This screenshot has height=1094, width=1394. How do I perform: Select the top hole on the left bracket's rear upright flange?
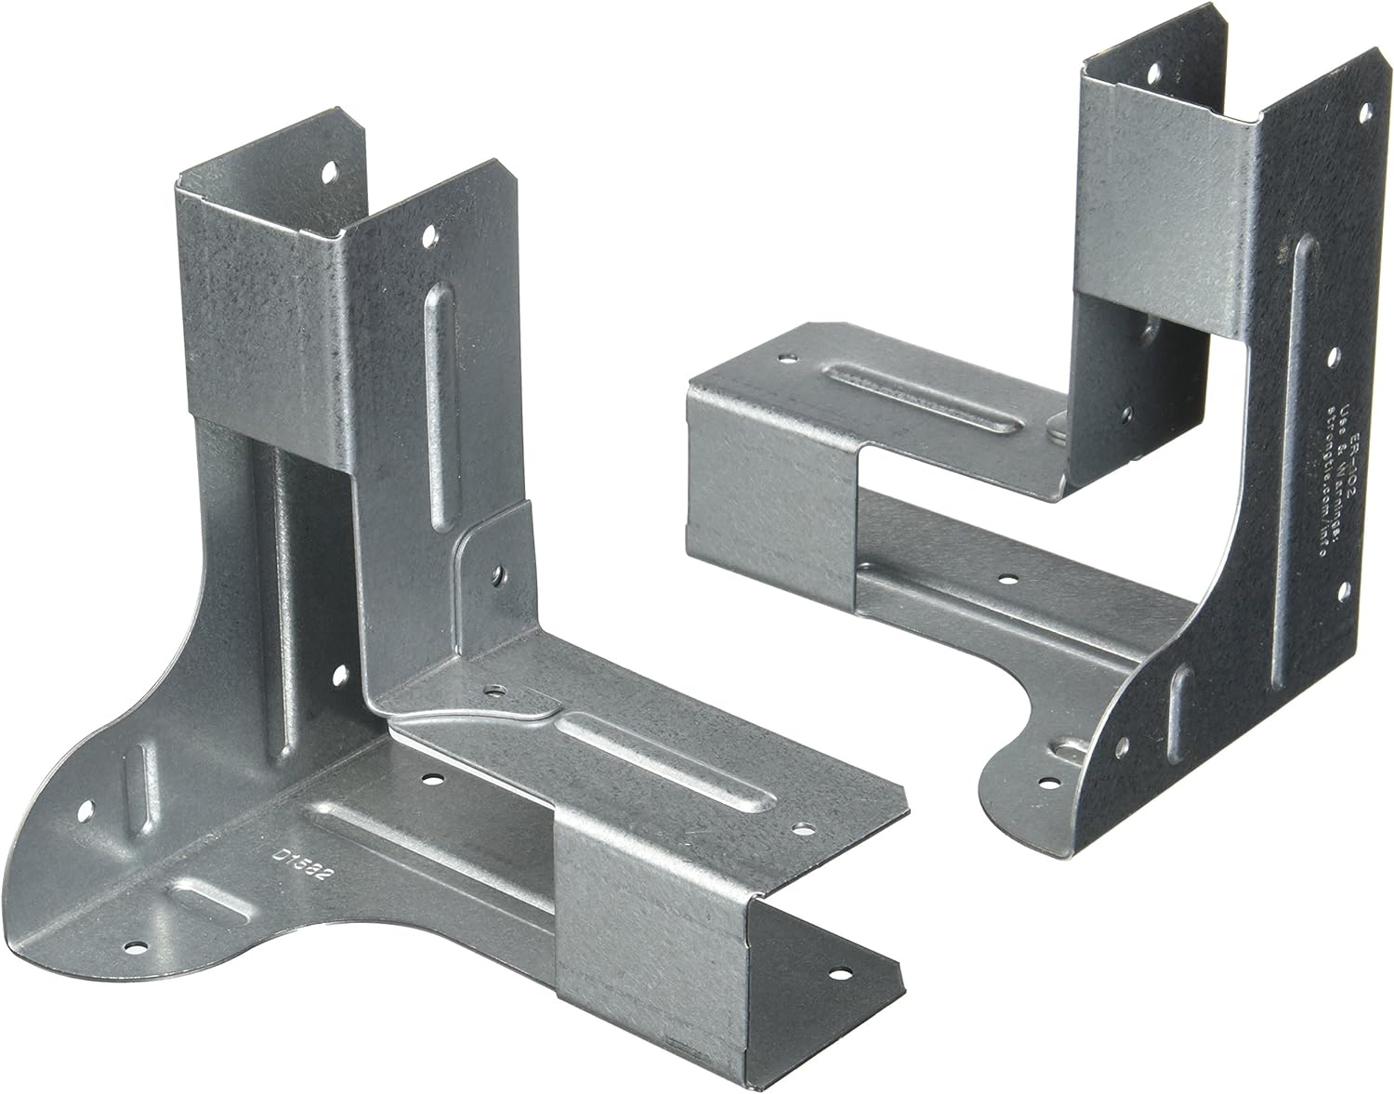pyautogui.click(x=327, y=171)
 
